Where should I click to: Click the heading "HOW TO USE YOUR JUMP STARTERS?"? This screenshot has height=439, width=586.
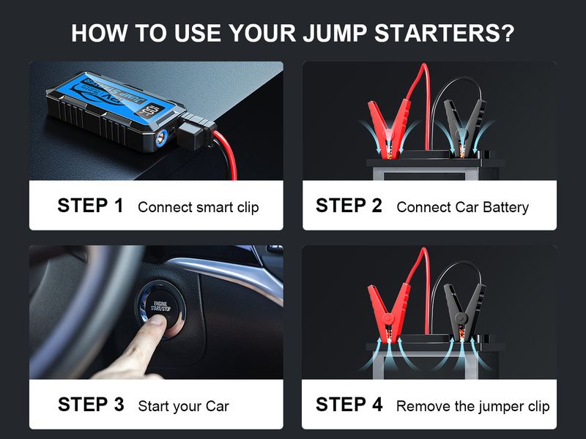pyautogui.click(x=292, y=34)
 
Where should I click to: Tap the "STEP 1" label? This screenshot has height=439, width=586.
pyautogui.click(x=90, y=206)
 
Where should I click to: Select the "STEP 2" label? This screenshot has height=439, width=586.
pyautogui.click(x=349, y=206)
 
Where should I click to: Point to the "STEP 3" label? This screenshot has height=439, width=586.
pyautogui.click(x=90, y=405)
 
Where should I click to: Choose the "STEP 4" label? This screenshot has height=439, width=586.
pyautogui.click(x=349, y=405)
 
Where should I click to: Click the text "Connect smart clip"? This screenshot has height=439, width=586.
pyautogui.click(x=198, y=207)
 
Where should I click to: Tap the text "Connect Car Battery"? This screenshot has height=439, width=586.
pyautogui.click(x=462, y=207)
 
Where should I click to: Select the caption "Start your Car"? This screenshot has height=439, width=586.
pyautogui.click(x=183, y=406)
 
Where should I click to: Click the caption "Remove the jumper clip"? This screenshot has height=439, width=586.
pyautogui.click(x=472, y=406)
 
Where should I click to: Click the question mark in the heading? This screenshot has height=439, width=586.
pyautogui.click(x=507, y=34)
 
